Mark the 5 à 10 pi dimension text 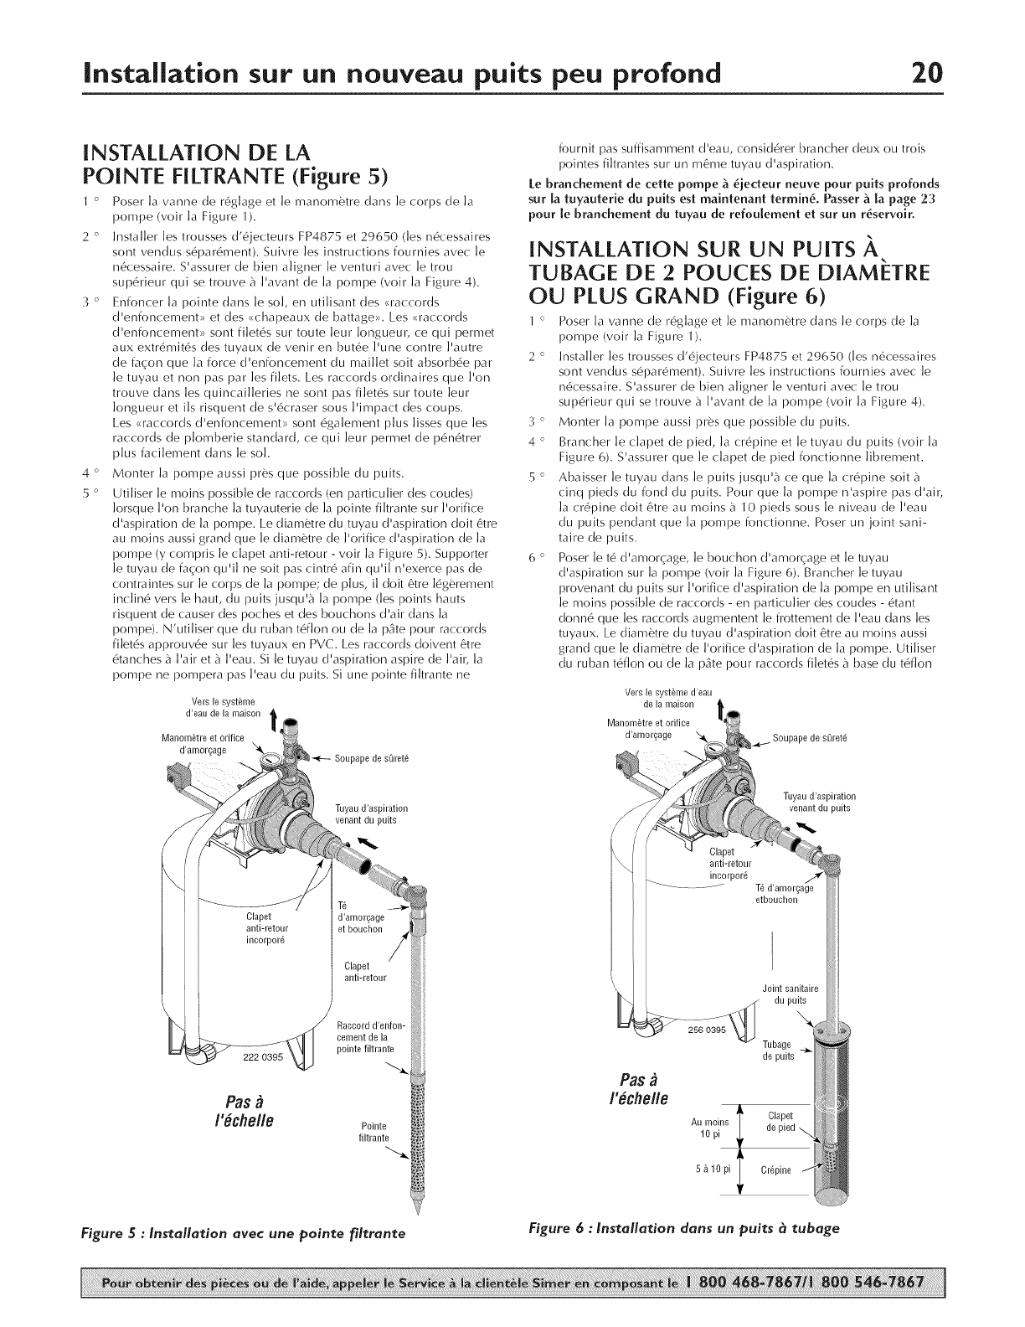click(x=708, y=1168)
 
